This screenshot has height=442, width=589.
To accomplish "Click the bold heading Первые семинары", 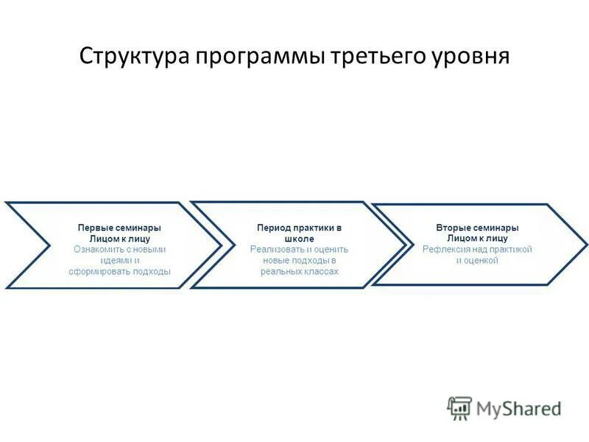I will click(x=119, y=228).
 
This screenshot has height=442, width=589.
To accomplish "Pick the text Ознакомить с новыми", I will click(x=119, y=249).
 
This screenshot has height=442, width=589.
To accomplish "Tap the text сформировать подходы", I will click(x=119, y=271).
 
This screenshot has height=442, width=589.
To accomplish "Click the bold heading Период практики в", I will click(x=299, y=228).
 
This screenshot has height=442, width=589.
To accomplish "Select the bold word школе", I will click(x=299, y=239).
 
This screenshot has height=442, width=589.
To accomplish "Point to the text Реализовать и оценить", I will click(x=299, y=249).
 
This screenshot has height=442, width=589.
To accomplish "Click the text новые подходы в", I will click(x=299, y=260).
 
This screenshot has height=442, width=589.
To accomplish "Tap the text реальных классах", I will click(x=299, y=271).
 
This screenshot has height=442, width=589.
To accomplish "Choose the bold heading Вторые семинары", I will click(x=477, y=228).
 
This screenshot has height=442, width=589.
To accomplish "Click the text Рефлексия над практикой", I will click(x=477, y=249).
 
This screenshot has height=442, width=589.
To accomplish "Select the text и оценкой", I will click(x=477, y=260).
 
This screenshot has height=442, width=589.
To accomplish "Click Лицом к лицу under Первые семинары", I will click(x=119, y=239).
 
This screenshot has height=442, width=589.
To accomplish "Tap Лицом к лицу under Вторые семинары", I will click(x=477, y=239).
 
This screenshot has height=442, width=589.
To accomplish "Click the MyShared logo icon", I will click(x=459, y=407).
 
